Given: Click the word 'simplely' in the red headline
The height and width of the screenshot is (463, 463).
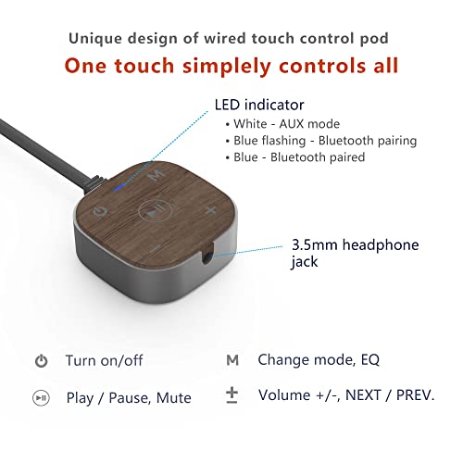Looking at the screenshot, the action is (227, 67).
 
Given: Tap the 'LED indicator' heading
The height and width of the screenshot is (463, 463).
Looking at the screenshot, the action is (259, 105).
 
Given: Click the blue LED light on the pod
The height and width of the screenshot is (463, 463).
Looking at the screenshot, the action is (119, 187).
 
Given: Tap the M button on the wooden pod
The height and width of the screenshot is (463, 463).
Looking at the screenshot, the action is (156, 175).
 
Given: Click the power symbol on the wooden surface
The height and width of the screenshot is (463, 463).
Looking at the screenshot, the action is (100, 212).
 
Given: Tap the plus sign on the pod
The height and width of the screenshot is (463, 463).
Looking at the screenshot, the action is (211, 210).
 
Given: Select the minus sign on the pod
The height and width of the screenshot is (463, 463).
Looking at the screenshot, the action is (156, 248).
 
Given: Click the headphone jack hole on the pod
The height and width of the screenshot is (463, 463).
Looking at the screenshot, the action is (206, 257).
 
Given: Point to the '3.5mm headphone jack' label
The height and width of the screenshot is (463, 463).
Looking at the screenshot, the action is (355, 253).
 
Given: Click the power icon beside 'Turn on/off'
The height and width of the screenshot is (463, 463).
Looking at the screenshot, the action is (41, 361).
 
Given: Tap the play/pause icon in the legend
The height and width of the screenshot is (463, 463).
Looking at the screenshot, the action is (41, 398).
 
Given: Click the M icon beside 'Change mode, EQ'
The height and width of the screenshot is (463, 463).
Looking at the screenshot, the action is (232, 360).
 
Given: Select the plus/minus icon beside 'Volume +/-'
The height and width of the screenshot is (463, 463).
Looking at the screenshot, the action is (231, 396).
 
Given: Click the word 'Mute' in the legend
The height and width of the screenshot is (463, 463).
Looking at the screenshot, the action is (174, 398).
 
